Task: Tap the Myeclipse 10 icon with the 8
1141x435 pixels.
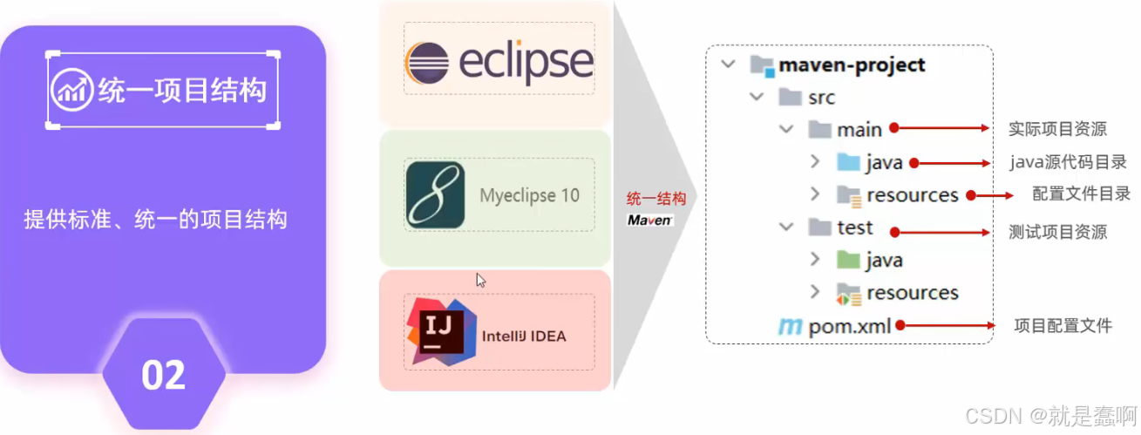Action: (x=436, y=195)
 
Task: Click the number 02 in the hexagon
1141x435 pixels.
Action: (x=163, y=375)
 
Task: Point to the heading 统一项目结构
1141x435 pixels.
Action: (x=181, y=89)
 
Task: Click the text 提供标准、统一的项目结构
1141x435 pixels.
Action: (x=155, y=220)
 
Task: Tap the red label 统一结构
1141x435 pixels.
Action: (x=656, y=198)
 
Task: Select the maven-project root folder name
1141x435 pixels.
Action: (x=852, y=65)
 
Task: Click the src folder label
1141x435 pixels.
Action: (x=820, y=98)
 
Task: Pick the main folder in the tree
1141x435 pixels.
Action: (x=859, y=130)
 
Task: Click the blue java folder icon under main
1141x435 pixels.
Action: (x=847, y=162)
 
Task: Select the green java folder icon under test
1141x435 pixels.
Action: (x=847, y=260)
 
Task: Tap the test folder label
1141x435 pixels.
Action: (x=854, y=228)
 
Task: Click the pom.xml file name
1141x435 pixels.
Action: (x=849, y=326)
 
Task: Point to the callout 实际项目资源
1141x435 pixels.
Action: (x=1057, y=129)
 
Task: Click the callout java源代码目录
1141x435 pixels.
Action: (x=1068, y=162)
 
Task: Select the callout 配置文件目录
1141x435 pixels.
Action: (x=1081, y=194)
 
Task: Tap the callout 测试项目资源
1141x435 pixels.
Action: (x=1057, y=232)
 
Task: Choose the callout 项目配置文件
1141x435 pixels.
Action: (x=1063, y=326)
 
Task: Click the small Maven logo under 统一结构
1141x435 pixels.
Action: (x=649, y=221)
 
